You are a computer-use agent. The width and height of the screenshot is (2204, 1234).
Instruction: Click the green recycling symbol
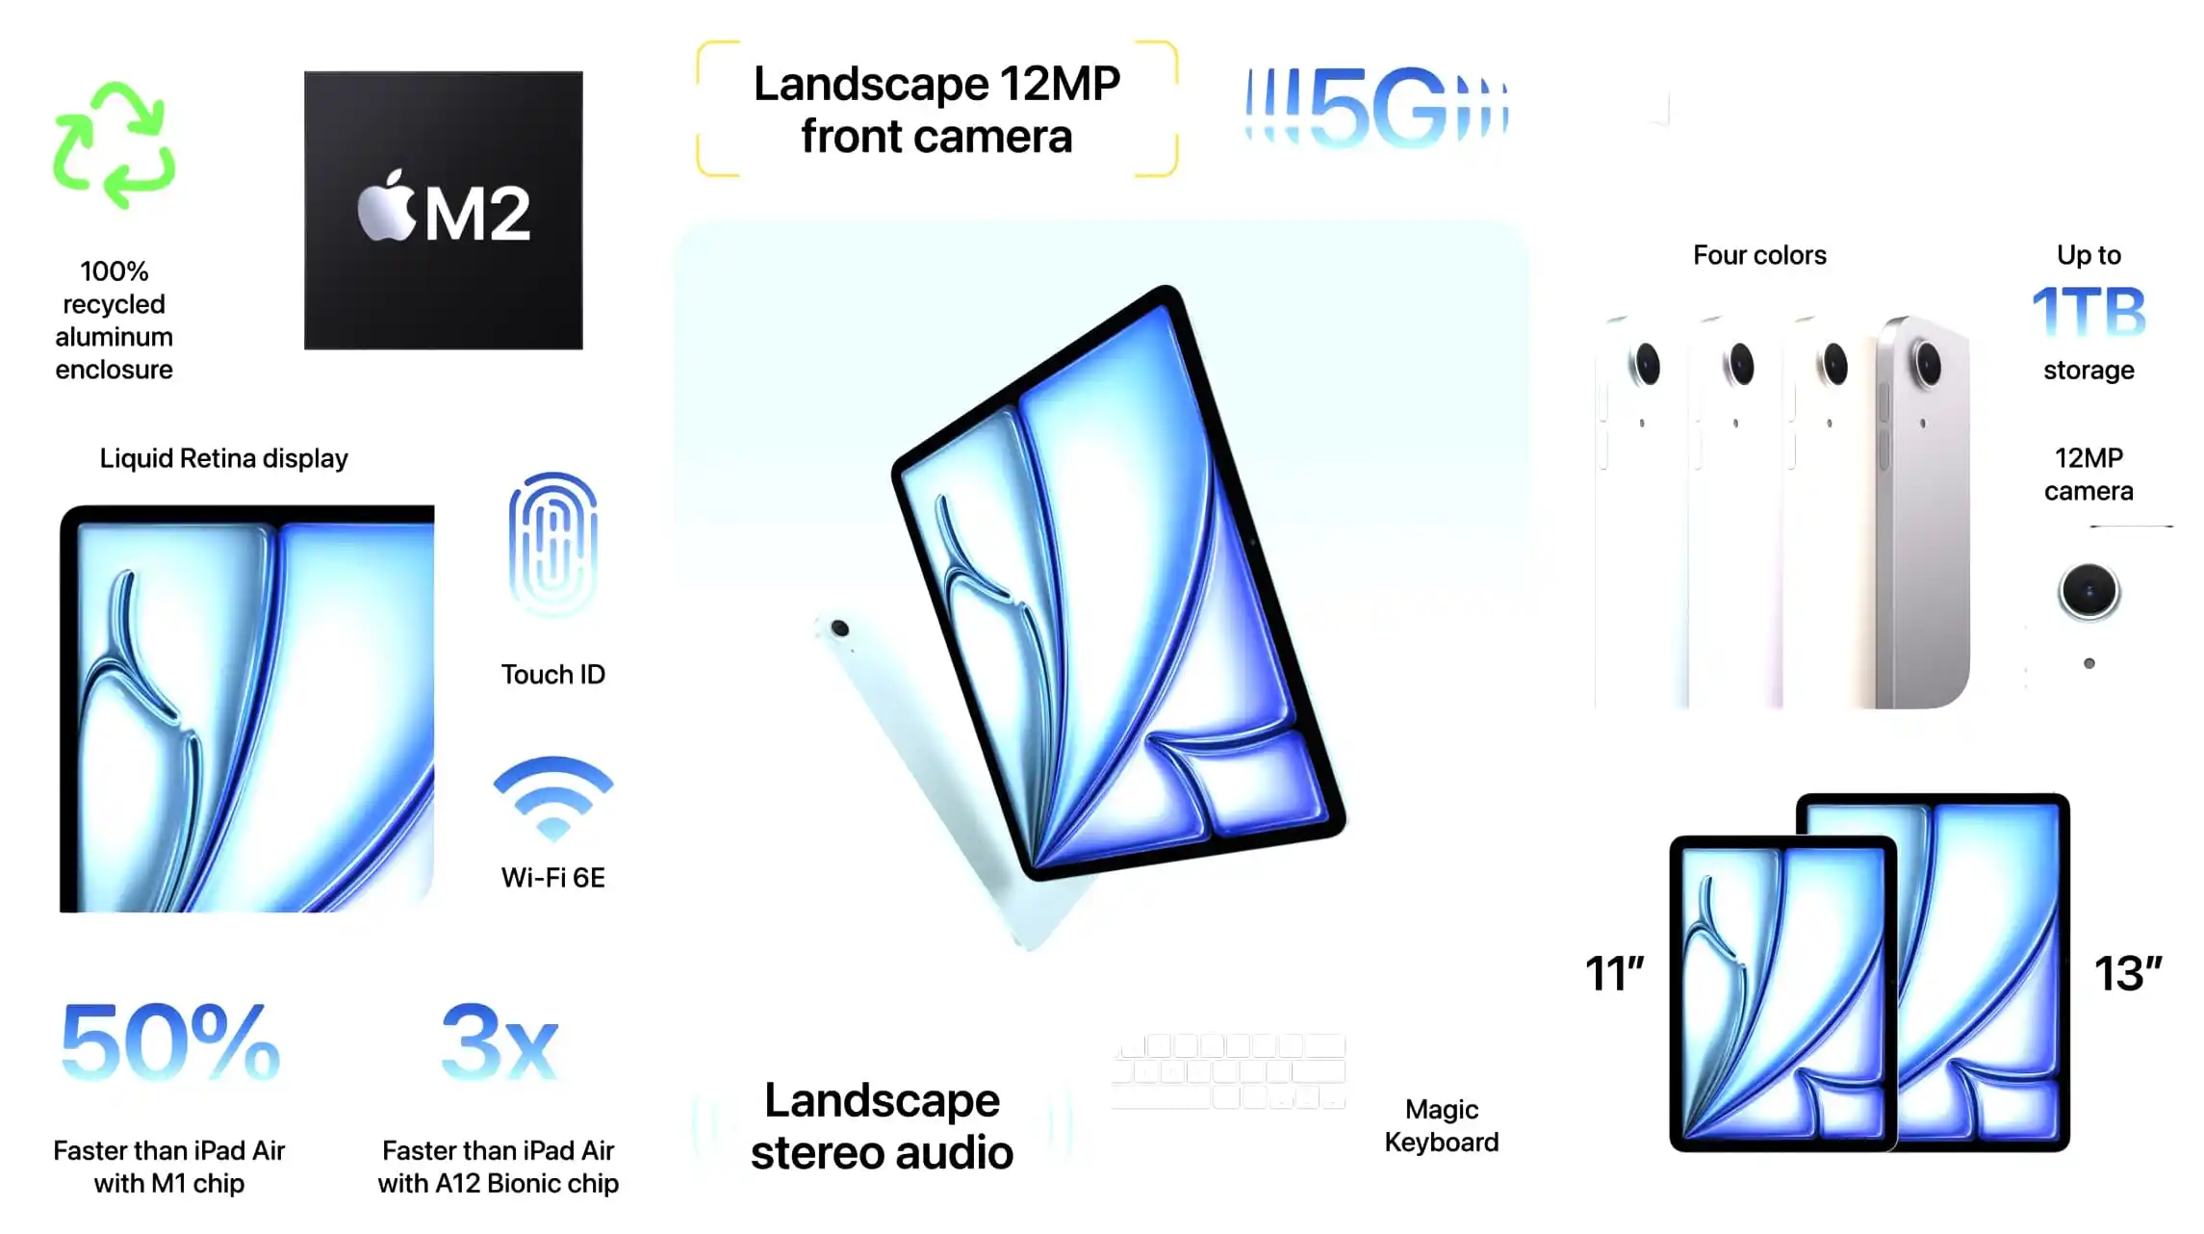pos(115,145)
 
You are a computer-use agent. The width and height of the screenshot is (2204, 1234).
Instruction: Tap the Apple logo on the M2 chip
pos(386,206)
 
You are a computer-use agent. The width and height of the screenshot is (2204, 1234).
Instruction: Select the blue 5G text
pos(1377,107)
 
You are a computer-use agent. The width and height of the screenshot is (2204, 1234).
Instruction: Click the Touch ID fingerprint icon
pos(552,544)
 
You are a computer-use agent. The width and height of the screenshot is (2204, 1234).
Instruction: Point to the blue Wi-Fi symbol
pos(553,799)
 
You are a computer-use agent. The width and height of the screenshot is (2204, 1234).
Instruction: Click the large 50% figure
pos(170,1042)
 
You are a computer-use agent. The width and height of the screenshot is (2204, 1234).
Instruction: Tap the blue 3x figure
pos(499,1042)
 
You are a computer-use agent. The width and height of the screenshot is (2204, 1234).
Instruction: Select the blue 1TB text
pos(2089,312)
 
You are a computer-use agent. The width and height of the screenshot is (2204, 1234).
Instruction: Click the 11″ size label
pos(1615,974)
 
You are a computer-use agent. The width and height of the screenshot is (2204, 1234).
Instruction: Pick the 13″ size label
pos(2128,974)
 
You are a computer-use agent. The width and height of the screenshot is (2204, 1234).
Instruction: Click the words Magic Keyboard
pos(1442,1126)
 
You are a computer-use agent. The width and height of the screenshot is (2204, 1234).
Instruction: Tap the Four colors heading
pos(1759,255)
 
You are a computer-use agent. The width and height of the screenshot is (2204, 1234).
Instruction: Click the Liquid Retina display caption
pos(223,458)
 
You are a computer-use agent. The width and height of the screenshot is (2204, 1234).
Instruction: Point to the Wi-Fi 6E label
pos(552,878)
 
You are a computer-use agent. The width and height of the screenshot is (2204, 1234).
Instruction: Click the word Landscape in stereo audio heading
pos(882,1100)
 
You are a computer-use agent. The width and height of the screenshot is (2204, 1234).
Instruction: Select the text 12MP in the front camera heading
pos(1060,84)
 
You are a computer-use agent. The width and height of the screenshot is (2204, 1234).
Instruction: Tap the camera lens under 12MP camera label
pos(2089,591)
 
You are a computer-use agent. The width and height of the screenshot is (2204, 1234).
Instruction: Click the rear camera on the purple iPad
pos(1928,364)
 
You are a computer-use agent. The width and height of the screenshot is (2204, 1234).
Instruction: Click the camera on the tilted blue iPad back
pos(839,629)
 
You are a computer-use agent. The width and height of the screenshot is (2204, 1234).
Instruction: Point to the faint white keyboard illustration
pos(1228,1071)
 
